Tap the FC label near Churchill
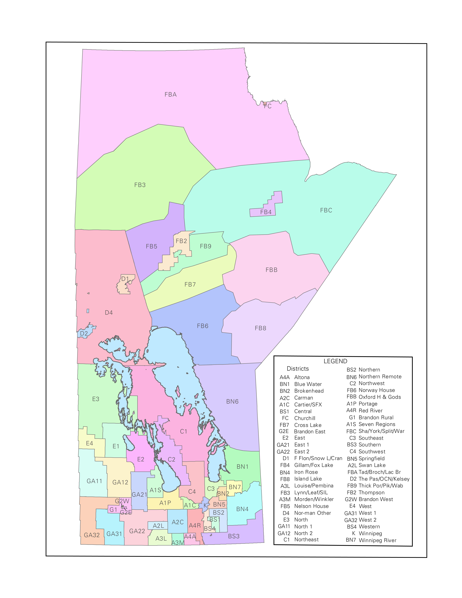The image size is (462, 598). pyautogui.click(x=267, y=106)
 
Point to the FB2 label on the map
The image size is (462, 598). pyautogui.click(x=181, y=241)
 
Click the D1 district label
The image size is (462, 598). pyautogui.click(x=125, y=279)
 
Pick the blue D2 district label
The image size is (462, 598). pyautogui.click(x=84, y=333)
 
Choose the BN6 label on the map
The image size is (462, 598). pyautogui.click(x=232, y=401)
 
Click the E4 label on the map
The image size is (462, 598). pyautogui.click(x=89, y=443)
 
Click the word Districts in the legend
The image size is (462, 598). pyautogui.click(x=298, y=369)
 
